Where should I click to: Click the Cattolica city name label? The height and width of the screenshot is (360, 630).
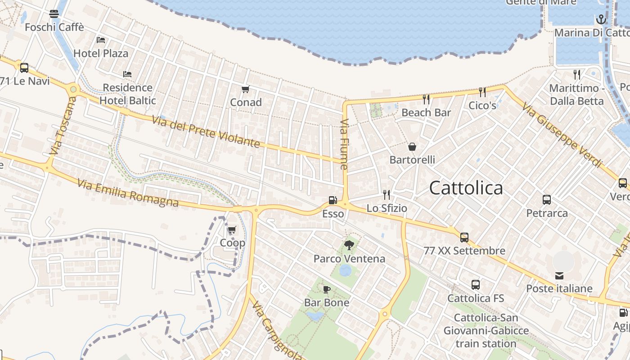click(466, 188)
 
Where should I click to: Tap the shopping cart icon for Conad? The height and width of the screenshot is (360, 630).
click(245, 90)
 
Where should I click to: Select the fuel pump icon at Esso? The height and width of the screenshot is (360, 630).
click(333, 200)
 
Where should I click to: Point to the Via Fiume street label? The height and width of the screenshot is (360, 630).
click(344, 144)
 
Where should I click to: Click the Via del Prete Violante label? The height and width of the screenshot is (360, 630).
click(206, 131)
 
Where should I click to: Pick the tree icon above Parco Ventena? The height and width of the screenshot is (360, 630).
click(349, 245)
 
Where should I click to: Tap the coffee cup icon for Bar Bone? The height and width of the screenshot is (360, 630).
click(327, 289)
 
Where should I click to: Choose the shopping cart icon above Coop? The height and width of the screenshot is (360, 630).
click(232, 230)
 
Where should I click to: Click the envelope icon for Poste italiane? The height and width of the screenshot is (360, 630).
click(559, 275)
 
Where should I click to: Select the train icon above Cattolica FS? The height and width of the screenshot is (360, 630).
click(476, 285)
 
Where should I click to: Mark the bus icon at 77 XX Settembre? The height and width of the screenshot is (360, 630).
click(464, 237)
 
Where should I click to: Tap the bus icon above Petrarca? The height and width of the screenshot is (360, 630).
click(547, 200)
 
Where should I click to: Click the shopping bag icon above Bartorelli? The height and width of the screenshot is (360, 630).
click(412, 147)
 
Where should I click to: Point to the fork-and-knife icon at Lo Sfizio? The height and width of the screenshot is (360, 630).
click(387, 194)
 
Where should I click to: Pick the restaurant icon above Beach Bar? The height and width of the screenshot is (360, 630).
click(426, 99)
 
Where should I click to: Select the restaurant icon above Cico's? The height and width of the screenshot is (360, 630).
click(482, 92)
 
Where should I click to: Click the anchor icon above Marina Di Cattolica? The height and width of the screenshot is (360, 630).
click(601, 19)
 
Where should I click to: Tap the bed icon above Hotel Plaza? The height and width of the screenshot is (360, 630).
click(101, 40)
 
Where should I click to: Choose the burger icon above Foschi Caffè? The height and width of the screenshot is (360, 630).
click(54, 14)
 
